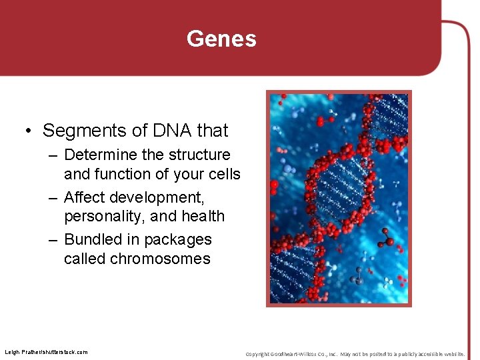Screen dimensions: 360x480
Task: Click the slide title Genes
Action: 221,39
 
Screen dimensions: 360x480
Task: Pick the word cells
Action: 223,174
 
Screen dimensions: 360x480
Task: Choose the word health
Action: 203,216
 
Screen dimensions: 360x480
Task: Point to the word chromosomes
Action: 159,259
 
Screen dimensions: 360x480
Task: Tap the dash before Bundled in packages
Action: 53,240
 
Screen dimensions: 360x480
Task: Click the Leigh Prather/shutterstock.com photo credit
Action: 46,352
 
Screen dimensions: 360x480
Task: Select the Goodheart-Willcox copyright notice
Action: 355,353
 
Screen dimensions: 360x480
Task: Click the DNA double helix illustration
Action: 339,198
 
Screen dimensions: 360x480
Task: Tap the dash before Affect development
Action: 53,198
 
